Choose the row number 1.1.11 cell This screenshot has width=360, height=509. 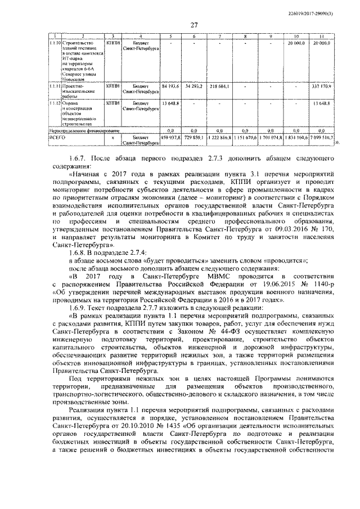tap(55, 87)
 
